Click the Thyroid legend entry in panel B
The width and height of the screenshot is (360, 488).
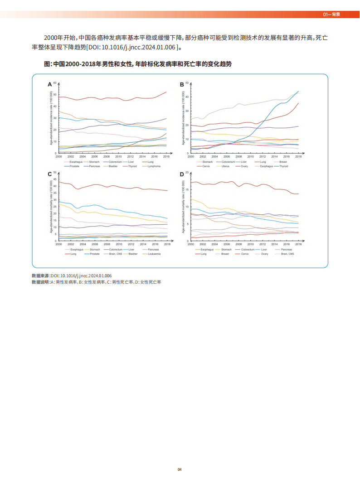(x=284, y=166)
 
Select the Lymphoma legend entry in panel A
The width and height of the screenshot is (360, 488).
(x=155, y=166)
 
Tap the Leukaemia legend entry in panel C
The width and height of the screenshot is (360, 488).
(x=155, y=254)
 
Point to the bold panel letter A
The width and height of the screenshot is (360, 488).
(x=50, y=84)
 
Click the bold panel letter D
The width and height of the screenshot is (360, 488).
(x=182, y=174)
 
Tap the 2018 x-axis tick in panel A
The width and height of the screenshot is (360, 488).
(x=167, y=156)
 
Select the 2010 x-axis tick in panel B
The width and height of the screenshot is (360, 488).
(x=250, y=156)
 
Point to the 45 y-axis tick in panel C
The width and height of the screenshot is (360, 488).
(x=55, y=179)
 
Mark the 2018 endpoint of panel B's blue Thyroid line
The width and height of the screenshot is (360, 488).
(x=298, y=91)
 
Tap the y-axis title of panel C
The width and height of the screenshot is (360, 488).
(x=51, y=208)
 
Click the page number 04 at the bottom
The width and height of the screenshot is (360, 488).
(x=180, y=469)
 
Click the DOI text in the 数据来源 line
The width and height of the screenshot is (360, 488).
(x=81, y=275)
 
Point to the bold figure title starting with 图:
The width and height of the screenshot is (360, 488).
(x=138, y=64)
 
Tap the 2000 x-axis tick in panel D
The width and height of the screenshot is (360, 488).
(x=190, y=244)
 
